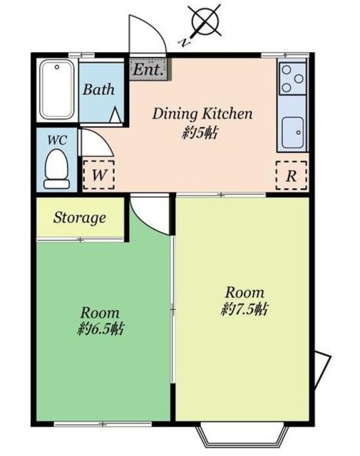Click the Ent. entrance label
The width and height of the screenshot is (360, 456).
click(148, 70)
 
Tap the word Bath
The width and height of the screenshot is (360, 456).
click(98, 89)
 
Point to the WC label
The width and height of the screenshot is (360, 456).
click(57, 140)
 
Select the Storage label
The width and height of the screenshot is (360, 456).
click(79, 218)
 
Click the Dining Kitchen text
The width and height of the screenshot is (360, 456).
click(202, 113)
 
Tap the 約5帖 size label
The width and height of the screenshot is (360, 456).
click(200, 133)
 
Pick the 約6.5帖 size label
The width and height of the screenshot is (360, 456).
click(101, 329)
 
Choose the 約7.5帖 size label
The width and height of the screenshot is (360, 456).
click(245, 309)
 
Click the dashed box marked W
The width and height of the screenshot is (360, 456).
click(98, 175)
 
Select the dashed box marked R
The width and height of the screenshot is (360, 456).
click(292, 176)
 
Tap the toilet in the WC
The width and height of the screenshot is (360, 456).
click(57, 170)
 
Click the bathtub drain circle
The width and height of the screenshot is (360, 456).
click(57, 67)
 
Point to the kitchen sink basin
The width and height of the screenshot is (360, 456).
click(293, 133)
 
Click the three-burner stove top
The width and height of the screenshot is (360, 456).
click(292, 78)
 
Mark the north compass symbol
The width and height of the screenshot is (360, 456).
click(205, 21)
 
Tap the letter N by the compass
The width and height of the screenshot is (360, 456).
click(184, 43)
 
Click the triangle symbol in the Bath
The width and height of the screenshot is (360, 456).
click(115, 115)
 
